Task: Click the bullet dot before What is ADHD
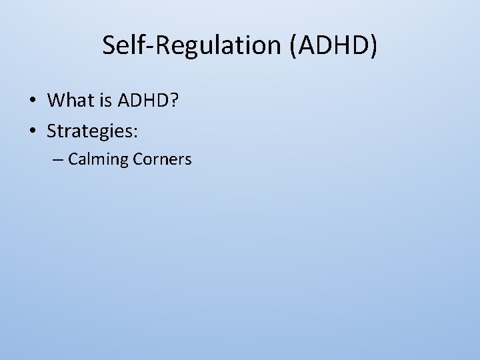point(32,101)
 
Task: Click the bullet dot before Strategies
point(32,131)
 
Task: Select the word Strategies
point(89,132)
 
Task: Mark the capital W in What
point(55,101)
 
